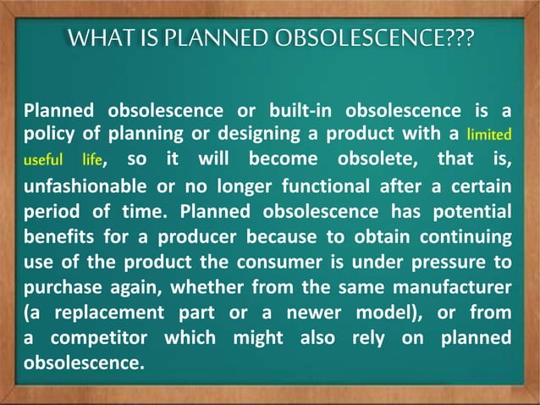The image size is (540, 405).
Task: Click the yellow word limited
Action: click(489, 135)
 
